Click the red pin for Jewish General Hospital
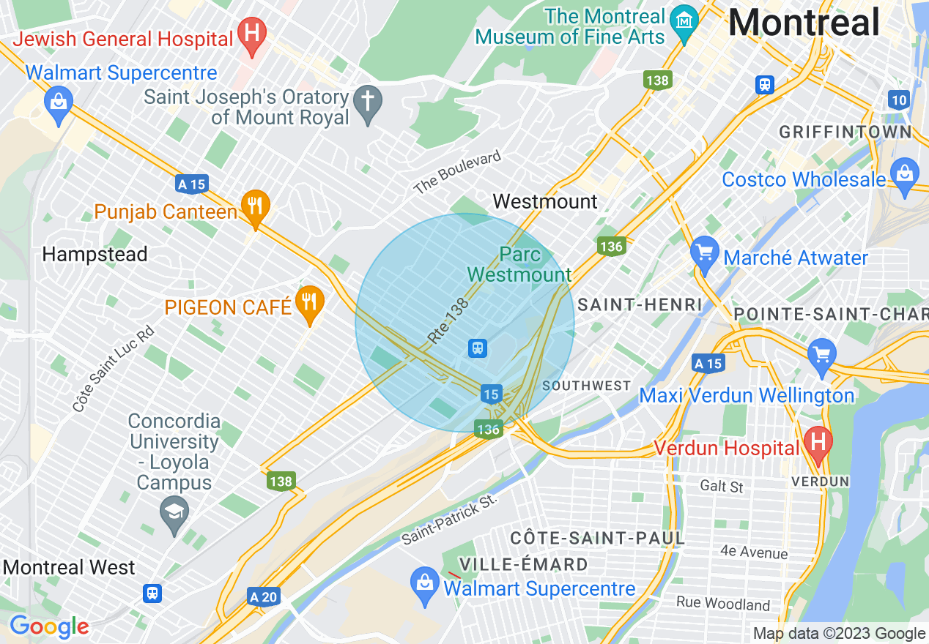click(253, 34)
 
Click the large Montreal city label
click(803, 23)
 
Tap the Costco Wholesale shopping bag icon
click(905, 176)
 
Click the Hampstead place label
click(95, 255)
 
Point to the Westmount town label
click(545, 201)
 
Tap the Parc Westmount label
click(519, 265)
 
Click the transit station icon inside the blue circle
click(478, 348)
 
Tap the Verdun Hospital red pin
click(818, 443)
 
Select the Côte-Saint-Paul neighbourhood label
click(597, 539)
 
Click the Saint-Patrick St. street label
click(449, 519)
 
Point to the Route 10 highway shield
click(898, 100)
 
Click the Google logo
click(48, 627)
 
